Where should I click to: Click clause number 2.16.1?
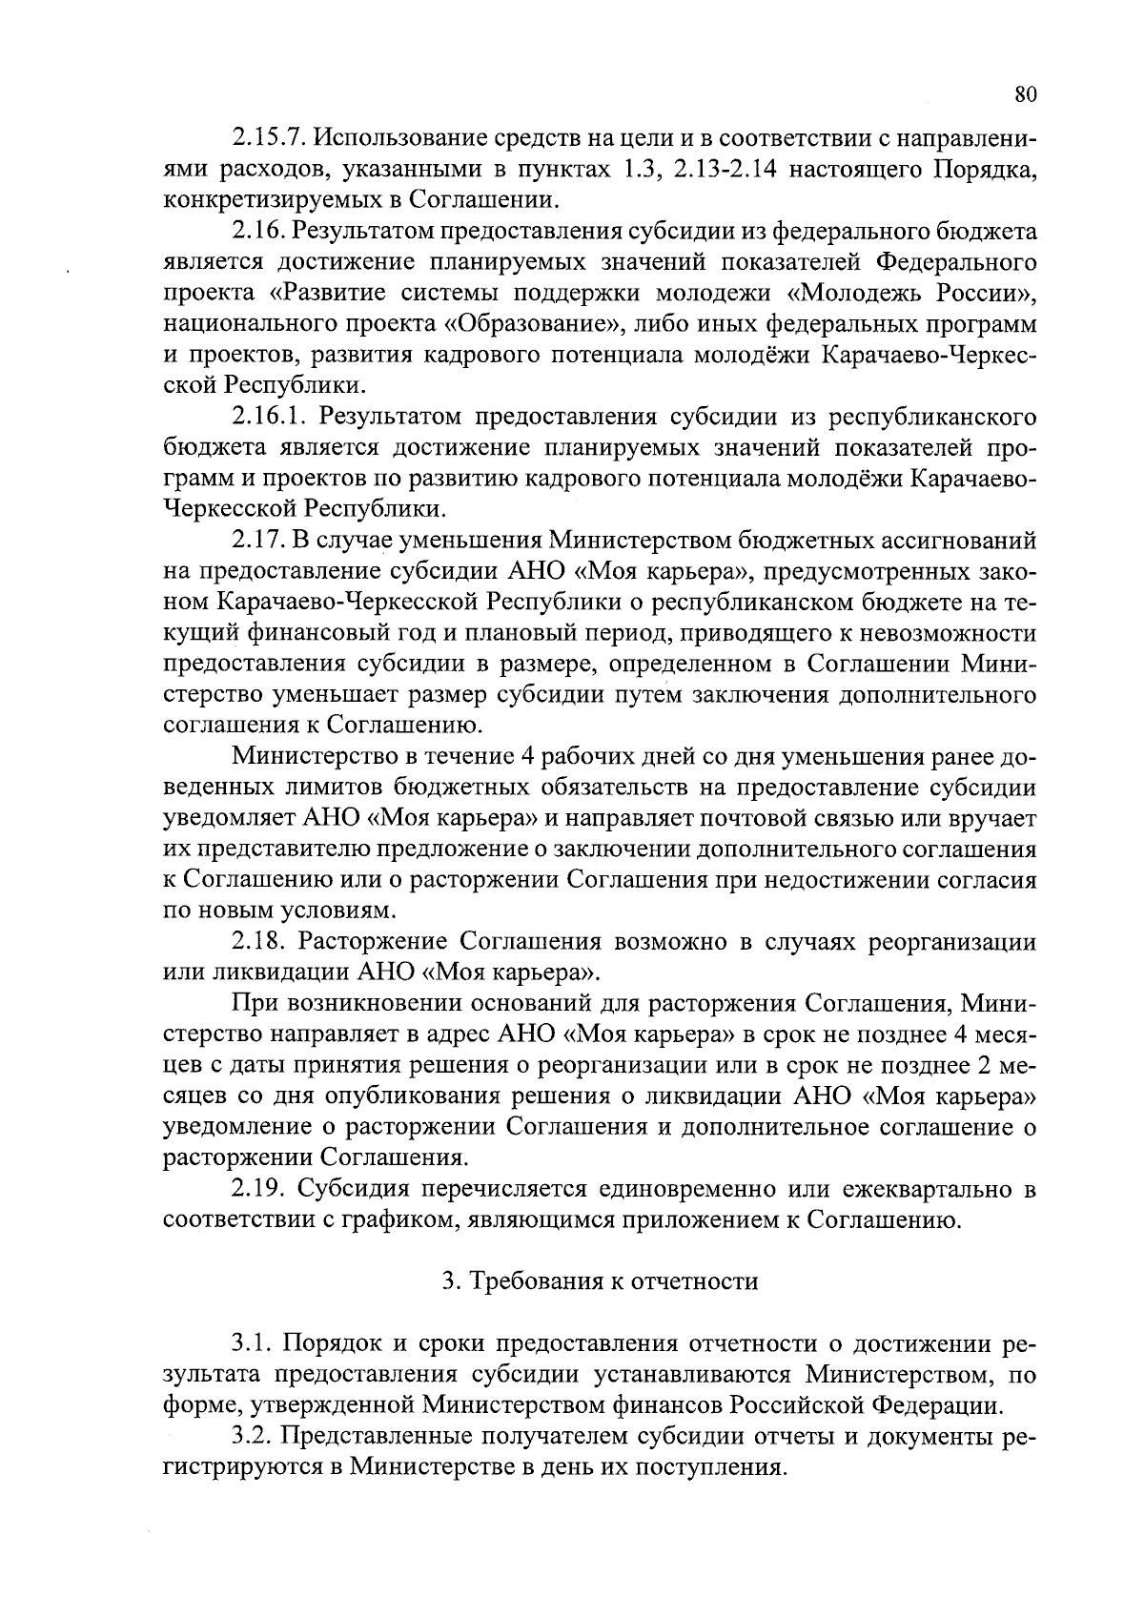tap(270, 417)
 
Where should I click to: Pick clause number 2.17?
tap(255, 541)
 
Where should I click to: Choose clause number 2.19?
tap(255, 1189)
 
